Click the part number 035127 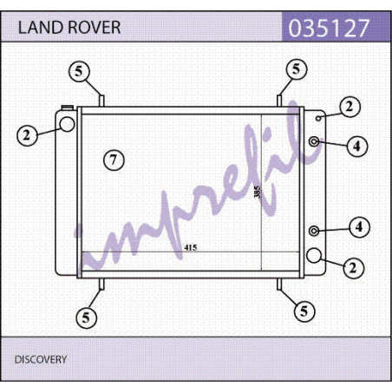pyautogui.click(x=329, y=28)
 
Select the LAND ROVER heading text pyautogui.click(x=69, y=28)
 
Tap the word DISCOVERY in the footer pyautogui.click(x=41, y=359)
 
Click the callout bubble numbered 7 pyautogui.click(x=114, y=160)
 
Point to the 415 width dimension pyautogui.click(x=191, y=247)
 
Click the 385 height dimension pyautogui.click(x=257, y=192)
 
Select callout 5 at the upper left pyautogui.click(x=79, y=71)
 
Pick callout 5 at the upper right pyautogui.click(x=297, y=69)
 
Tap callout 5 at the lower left pyautogui.click(x=87, y=317)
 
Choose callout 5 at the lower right pyautogui.click(x=304, y=311)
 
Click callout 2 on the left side pyautogui.click(x=27, y=135)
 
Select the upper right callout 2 pyautogui.click(x=350, y=107)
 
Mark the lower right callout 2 pyautogui.click(x=354, y=268)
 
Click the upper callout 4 pyautogui.click(x=357, y=146)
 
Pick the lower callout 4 pyautogui.click(x=359, y=227)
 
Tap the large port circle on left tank pyautogui.click(x=67, y=124)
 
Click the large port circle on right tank pyautogui.click(x=314, y=255)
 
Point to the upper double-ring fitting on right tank pyautogui.click(x=314, y=141)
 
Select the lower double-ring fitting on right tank pyautogui.click(x=314, y=231)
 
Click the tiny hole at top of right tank pyautogui.click(x=318, y=118)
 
